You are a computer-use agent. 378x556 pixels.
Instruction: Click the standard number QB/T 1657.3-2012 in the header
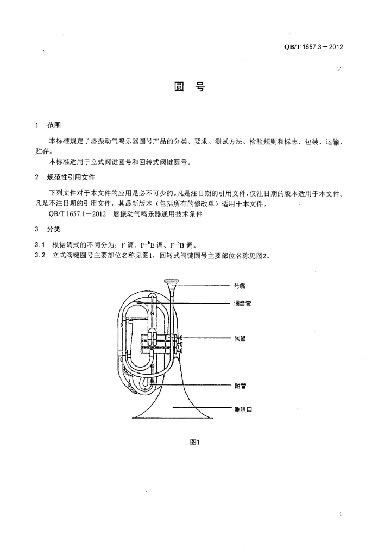click(x=313, y=47)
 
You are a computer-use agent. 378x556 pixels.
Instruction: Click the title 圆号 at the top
click(x=188, y=87)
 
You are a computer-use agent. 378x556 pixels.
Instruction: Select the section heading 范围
click(x=54, y=125)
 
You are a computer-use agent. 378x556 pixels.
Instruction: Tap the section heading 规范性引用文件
click(x=71, y=177)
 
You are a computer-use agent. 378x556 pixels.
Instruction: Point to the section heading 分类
click(x=53, y=229)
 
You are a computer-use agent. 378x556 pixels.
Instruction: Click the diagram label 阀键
click(x=240, y=338)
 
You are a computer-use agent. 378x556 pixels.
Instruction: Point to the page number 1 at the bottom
click(x=340, y=514)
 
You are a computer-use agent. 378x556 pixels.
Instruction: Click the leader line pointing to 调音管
click(x=201, y=302)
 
